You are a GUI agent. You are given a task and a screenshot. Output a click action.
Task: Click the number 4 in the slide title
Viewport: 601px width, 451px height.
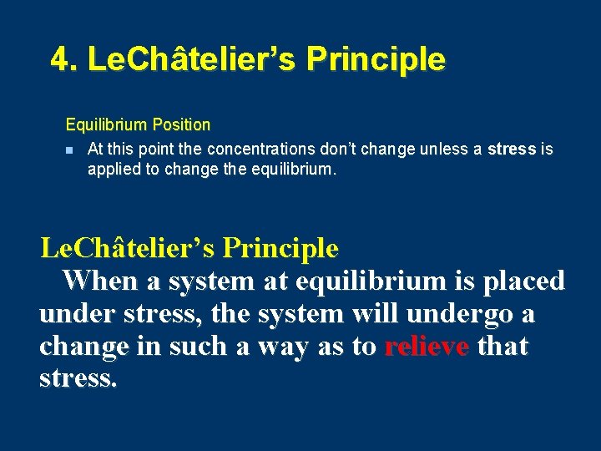click(x=59, y=59)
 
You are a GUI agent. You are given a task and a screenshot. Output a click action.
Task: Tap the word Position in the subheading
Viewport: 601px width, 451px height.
click(x=181, y=124)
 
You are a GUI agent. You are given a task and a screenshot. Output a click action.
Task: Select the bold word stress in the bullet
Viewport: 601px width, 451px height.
click(x=512, y=149)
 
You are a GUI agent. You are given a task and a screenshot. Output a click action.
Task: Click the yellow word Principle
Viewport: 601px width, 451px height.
click(x=280, y=248)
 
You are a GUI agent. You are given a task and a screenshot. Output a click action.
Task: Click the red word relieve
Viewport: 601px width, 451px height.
click(x=426, y=346)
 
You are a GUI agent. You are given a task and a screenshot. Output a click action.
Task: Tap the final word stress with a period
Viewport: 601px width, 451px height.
click(x=78, y=378)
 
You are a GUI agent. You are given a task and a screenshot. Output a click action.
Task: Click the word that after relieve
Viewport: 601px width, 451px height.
click(x=503, y=346)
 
